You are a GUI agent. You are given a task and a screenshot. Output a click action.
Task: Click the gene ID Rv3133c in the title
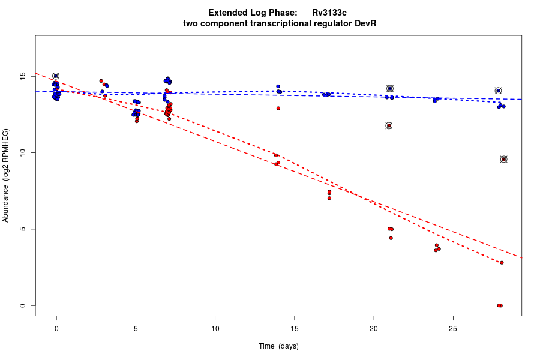tap(329, 13)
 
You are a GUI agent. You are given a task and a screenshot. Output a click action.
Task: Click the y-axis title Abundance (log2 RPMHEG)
tap(6, 175)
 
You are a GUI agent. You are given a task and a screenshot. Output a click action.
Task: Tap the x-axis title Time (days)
tap(278, 346)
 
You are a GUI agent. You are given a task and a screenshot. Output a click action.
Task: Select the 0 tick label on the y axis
tap(24, 305)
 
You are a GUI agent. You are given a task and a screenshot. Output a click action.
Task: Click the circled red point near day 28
tap(504, 159)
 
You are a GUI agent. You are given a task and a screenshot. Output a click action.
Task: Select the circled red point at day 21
tap(389, 125)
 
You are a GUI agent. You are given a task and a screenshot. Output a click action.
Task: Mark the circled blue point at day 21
tap(390, 89)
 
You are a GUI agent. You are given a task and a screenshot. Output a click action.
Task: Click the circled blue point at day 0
tap(56, 76)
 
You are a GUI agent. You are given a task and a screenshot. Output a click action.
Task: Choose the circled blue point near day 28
tap(498, 91)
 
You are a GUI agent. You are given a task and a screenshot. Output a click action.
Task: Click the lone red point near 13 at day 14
tap(278, 108)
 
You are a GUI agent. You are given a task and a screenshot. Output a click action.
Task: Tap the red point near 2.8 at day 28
tap(502, 262)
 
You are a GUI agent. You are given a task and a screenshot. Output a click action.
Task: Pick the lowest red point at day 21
tap(391, 238)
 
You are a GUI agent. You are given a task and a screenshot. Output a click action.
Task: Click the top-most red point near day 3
tap(101, 81)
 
